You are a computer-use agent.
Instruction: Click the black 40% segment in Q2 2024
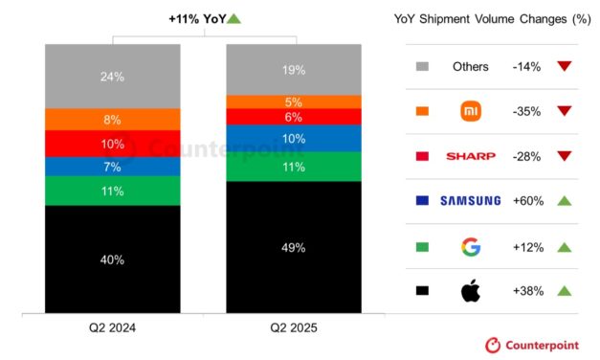pyautogui.click(x=113, y=259)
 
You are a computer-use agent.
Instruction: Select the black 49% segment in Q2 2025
pyautogui.click(x=294, y=247)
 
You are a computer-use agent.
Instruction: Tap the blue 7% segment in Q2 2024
pyautogui.click(x=113, y=167)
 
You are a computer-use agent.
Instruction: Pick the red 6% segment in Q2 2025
pyautogui.click(x=294, y=117)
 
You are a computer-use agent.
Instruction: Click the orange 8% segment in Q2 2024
pyautogui.click(x=113, y=120)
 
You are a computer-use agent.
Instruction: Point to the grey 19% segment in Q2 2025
pyautogui.click(x=294, y=69)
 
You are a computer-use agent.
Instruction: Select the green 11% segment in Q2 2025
pyautogui.click(x=294, y=167)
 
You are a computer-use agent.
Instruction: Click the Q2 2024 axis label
pyautogui.click(x=113, y=327)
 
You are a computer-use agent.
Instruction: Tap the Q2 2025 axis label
pyautogui.click(x=294, y=327)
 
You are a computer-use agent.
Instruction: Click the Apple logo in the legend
pyautogui.click(x=471, y=290)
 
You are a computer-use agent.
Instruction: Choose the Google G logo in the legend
pyautogui.click(x=471, y=246)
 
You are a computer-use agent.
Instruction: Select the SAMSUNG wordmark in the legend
pyautogui.click(x=471, y=201)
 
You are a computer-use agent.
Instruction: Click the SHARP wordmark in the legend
pyautogui.click(x=471, y=156)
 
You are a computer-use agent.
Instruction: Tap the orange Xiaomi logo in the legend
pyautogui.click(x=471, y=112)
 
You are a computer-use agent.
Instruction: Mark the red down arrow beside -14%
pyautogui.click(x=564, y=67)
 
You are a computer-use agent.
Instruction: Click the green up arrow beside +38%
pyautogui.click(x=564, y=290)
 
